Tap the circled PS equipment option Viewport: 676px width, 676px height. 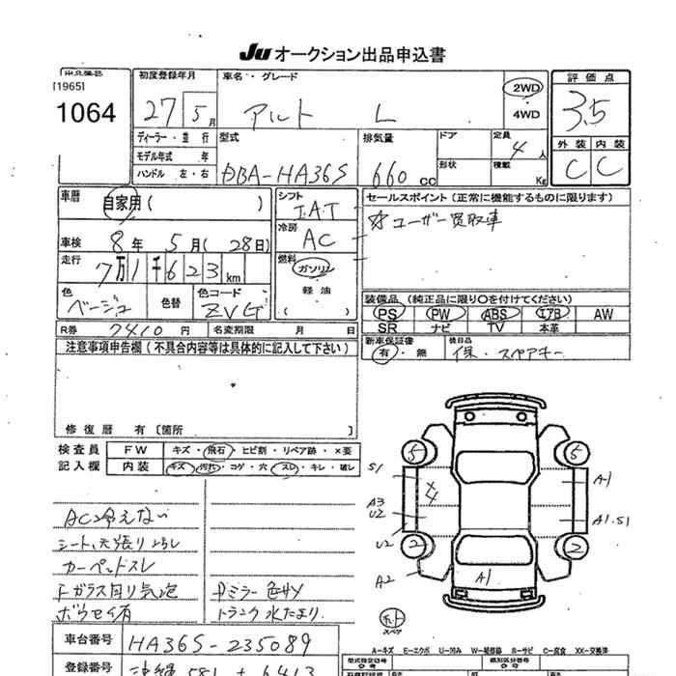pyautogui.click(x=388, y=314)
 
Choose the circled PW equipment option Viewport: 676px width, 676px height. pyautogui.click(x=440, y=314)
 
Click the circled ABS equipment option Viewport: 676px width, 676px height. pyautogui.click(x=495, y=314)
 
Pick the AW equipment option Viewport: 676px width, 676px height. pyautogui.click(x=604, y=314)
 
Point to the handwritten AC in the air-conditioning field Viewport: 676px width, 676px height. pyautogui.click(x=319, y=239)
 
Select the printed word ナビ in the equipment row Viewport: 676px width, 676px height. pyautogui.click(x=440, y=328)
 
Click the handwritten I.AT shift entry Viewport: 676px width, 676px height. pyautogui.click(x=314, y=210)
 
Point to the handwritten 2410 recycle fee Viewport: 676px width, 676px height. pyautogui.click(x=127, y=330)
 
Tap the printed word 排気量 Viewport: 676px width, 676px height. pyautogui.click(x=377, y=137)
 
